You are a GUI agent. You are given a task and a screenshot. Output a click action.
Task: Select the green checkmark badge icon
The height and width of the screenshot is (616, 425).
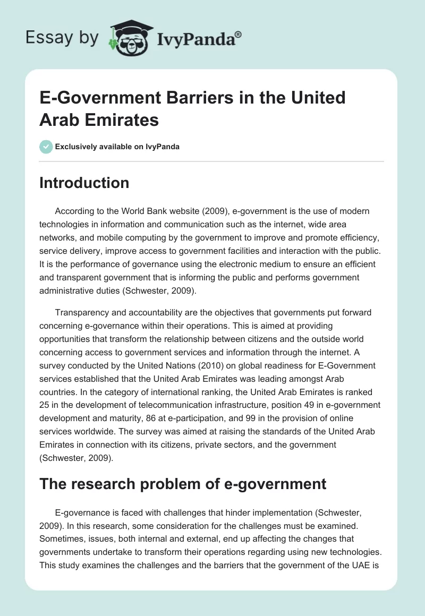click(x=46, y=147)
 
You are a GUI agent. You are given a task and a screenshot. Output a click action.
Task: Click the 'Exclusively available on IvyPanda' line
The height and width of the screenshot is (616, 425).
click(x=117, y=147)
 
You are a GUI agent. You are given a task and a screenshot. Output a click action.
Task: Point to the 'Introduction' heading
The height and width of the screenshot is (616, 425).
click(x=84, y=183)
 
